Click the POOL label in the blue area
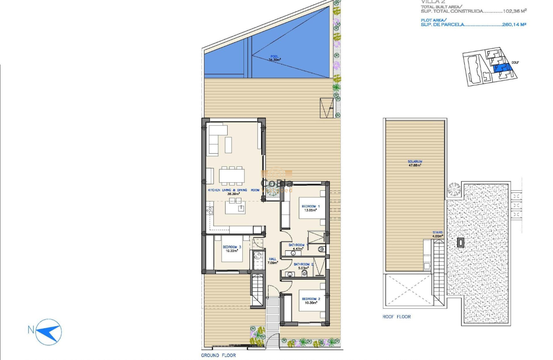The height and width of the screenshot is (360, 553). [274, 57]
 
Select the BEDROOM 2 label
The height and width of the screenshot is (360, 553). [311, 299]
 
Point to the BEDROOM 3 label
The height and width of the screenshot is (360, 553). [231, 247]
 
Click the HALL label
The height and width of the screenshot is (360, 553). [273, 259]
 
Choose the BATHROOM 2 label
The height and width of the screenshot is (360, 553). [304, 264]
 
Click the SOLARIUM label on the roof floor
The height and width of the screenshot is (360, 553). [415, 162]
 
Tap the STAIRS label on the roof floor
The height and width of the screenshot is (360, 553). [437, 233]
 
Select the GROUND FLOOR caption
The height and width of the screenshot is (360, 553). [218, 355]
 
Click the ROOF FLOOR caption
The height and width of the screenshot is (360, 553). [397, 317]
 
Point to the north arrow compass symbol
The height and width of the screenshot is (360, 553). [49, 332]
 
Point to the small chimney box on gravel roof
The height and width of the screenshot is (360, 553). [460, 242]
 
